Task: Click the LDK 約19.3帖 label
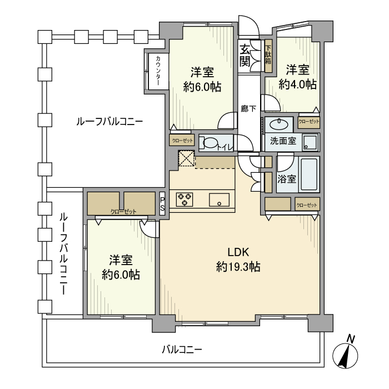click(238, 260)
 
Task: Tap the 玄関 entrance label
click(245, 56)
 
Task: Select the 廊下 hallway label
click(248, 109)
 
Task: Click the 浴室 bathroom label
click(287, 179)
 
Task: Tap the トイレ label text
click(225, 147)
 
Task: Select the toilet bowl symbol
click(209, 143)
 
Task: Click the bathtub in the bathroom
click(308, 174)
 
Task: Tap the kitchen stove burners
click(184, 199)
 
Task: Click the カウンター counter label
click(158, 71)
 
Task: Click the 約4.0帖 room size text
click(297, 84)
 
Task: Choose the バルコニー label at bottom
click(182, 350)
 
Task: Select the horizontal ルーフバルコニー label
click(109, 121)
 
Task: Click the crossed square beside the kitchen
click(187, 159)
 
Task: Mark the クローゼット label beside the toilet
click(182, 141)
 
